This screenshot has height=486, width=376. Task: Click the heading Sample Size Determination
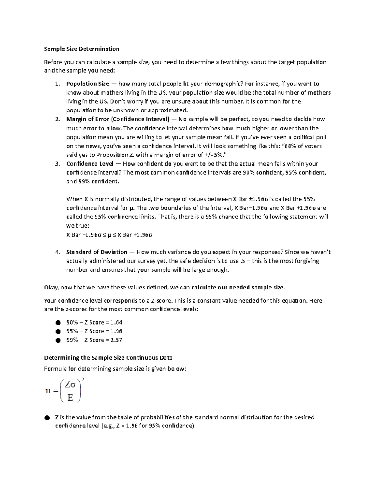click(x=81, y=49)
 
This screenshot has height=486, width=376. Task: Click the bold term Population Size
click(x=87, y=84)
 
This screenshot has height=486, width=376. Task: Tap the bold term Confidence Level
click(x=90, y=164)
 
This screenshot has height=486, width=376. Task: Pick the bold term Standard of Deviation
click(x=97, y=252)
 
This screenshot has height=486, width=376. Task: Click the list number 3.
click(x=57, y=164)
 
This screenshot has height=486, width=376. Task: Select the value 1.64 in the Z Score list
click(x=116, y=322)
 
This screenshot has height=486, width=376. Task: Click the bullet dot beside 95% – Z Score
click(x=58, y=331)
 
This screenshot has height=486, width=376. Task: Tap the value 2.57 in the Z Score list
click(x=116, y=340)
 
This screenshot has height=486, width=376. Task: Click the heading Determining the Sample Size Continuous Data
click(x=108, y=358)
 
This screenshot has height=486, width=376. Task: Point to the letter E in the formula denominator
click(x=70, y=398)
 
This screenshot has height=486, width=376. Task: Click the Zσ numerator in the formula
click(x=70, y=385)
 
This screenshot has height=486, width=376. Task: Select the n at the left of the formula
click(x=48, y=391)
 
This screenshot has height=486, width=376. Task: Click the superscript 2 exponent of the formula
click(x=83, y=380)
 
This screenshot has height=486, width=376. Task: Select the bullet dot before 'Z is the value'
click(x=47, y=417)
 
